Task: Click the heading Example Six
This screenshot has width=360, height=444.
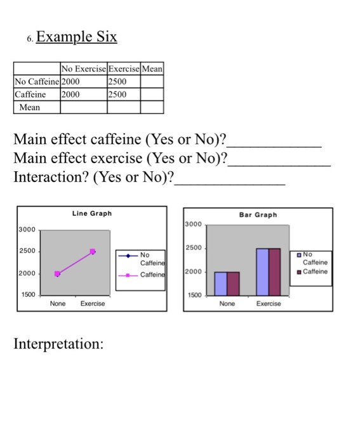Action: tap(77, 37)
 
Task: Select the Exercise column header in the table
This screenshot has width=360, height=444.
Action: tap(124, 69)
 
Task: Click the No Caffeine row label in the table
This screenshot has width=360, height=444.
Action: tap(37, 82)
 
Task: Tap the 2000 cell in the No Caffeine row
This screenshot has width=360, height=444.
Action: tap(71, 82)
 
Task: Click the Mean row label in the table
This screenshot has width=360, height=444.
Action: tap(30, 107)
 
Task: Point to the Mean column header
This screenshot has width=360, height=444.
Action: tap(153, 69)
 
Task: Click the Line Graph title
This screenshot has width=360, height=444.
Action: tap(92, 214)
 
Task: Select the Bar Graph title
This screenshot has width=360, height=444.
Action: tap(258, 215)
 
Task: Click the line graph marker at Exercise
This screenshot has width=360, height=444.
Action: tap(93, 252)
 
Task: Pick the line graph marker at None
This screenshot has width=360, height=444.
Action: tap(58, 274)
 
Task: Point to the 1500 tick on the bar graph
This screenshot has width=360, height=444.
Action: tap(194, 296)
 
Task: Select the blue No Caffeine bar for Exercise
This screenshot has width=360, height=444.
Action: tap(263, 272)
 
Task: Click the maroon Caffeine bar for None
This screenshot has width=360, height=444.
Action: tap(233, 284)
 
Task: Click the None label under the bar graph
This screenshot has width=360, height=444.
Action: tap(227, 304)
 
